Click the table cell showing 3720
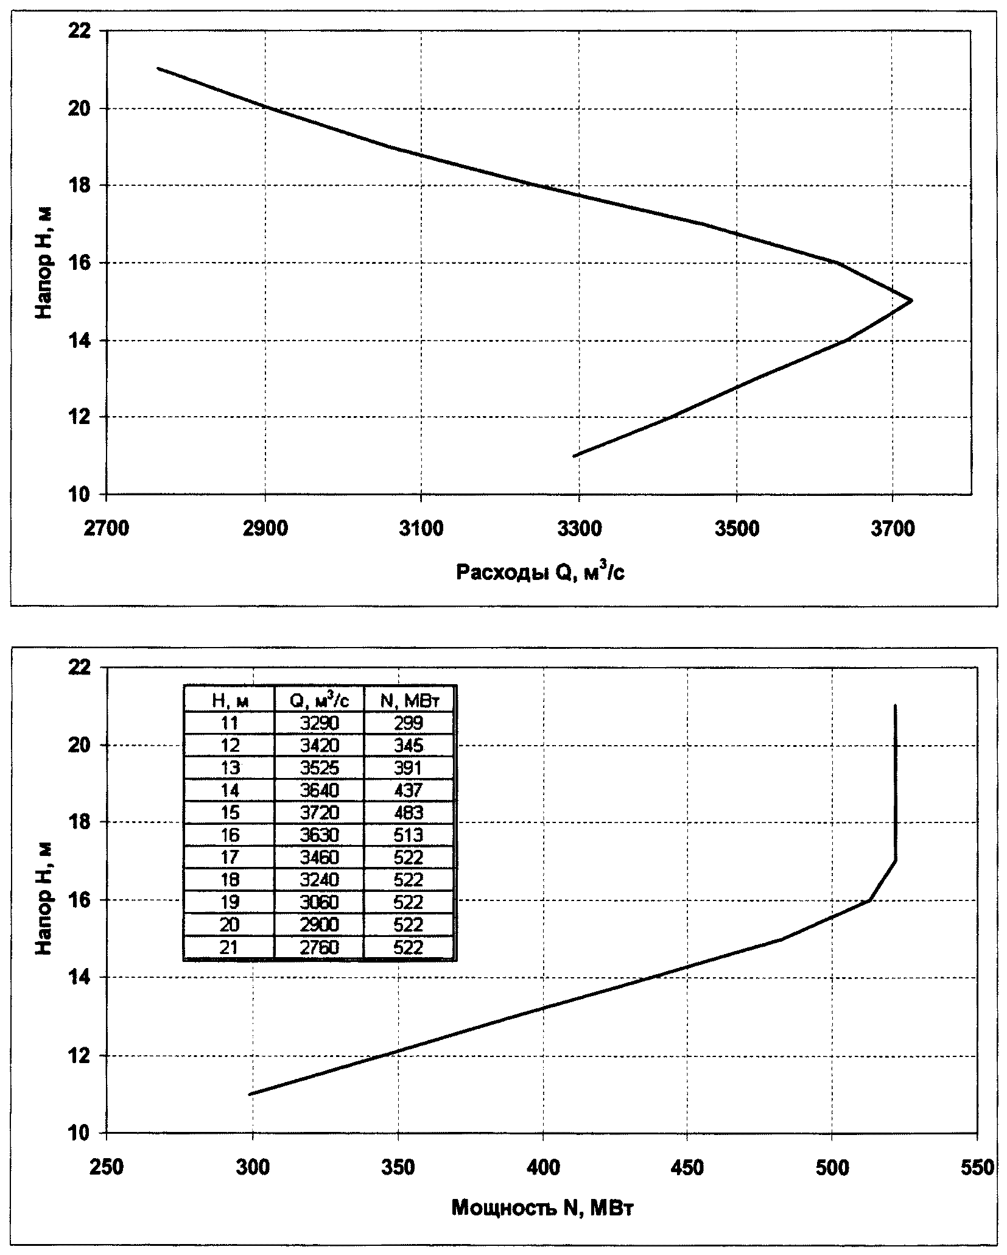(319, 812)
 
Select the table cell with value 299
(409, 723)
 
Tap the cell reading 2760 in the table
(319, 947)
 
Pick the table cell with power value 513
(409, 835)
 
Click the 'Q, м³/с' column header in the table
(319, 701)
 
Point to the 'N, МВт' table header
(409, 701)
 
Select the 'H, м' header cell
(230, 701)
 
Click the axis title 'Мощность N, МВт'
(542, 1207)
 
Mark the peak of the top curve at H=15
(911, 300)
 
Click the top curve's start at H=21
(158, 68)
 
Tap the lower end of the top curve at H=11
(574, 455)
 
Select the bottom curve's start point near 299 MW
(250, 1094)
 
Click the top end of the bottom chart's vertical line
(895, 705)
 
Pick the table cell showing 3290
(319, 723)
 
